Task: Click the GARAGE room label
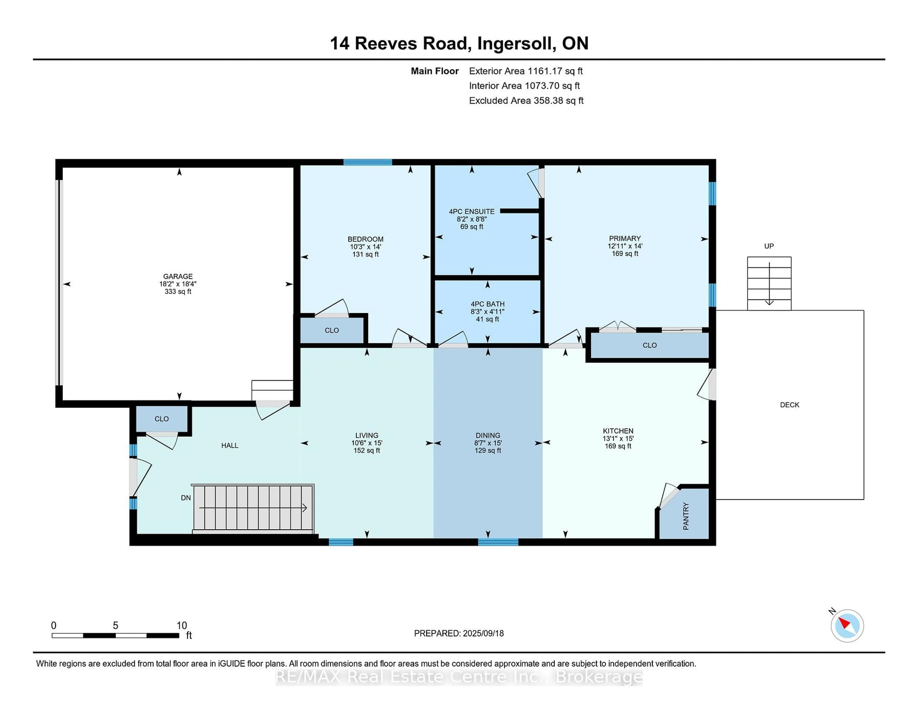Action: click(x=178, y=276)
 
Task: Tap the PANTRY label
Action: click(x=686, y=516)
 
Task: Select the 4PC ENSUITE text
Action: click(x=472, y=211)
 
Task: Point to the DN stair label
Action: click(x=186, y=498)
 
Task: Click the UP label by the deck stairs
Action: click(x=769, y=246)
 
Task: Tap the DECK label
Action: click(x=789, y=405)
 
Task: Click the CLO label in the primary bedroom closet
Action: click(x=649, y=345)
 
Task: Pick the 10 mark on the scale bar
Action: click(x=182, y=626)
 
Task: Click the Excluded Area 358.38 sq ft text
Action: click(x=526, y=100)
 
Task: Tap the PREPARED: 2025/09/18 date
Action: click(x=459, y=633)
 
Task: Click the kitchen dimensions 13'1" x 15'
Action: click(x=618, y=438)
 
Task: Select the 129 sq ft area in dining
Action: click(x=488, y=450)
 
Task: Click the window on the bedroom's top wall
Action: click(x=367, y=162)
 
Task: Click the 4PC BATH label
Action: click(x=488, y=304)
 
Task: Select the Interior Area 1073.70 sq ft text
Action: click(x=524, y=86)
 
